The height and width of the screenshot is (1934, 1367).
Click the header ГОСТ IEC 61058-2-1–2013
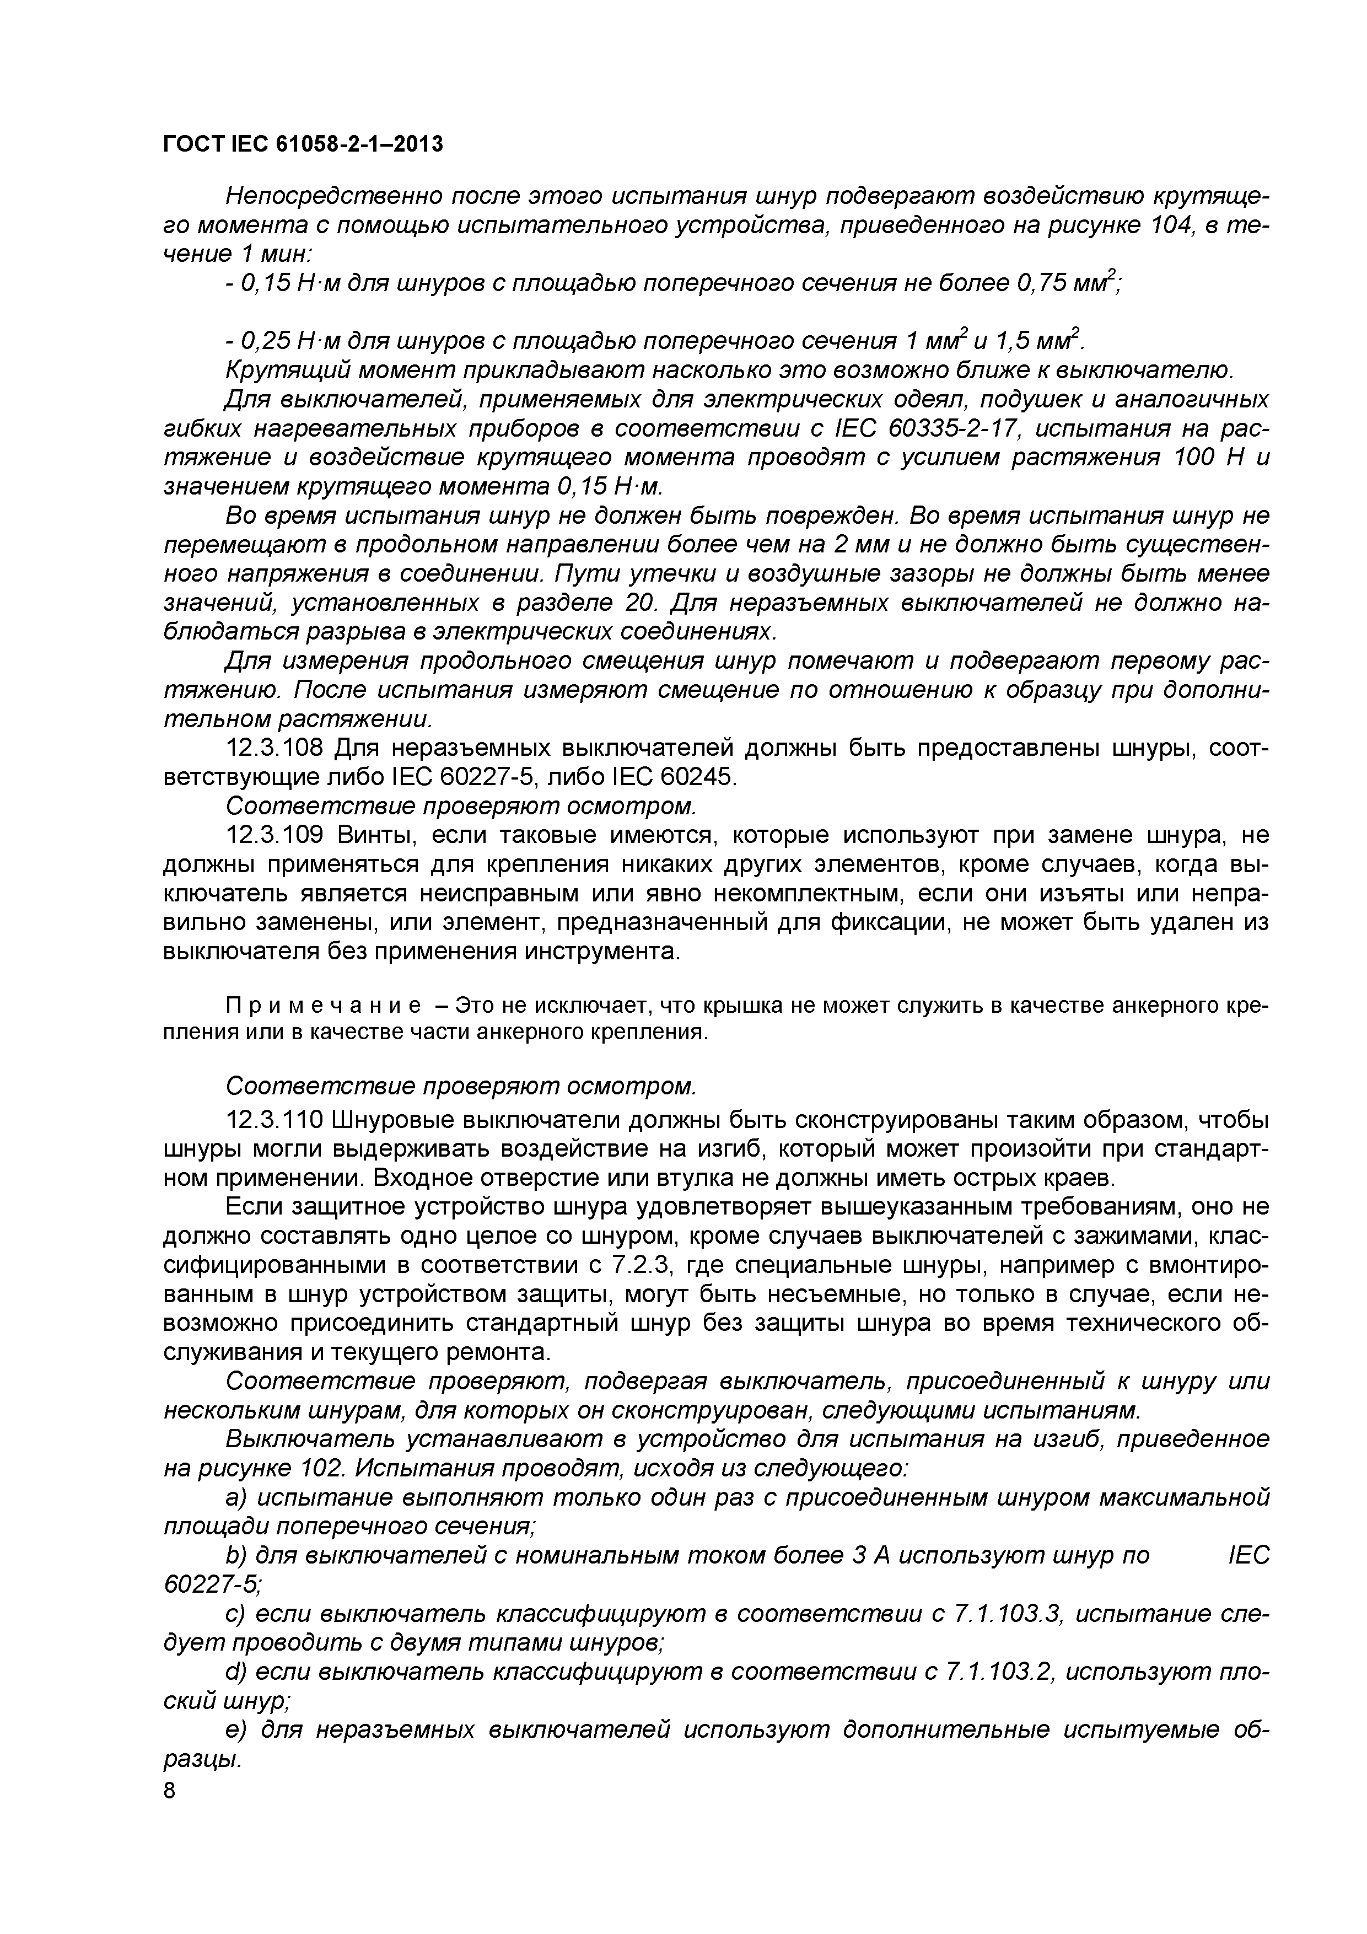click(x=303, y=145)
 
